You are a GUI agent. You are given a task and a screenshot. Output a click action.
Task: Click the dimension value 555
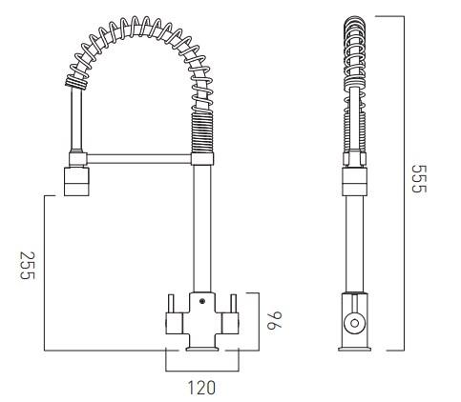[416, 178]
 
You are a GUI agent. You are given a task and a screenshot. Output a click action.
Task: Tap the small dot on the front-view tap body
[202, 304]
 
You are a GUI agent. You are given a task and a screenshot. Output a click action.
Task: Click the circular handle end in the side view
[354, 323]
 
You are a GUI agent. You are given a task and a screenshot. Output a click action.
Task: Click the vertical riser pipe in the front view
[202, 229]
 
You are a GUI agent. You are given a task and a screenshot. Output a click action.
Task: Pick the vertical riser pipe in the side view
[354, 238]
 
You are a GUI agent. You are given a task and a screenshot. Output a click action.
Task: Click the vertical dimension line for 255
[45, 271]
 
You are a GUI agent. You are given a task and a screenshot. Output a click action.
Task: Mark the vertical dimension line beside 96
[253, 322]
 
